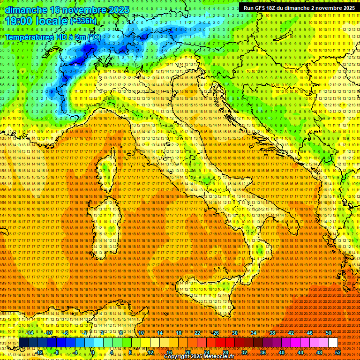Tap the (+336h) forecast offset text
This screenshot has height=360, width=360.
[x=83, y=21]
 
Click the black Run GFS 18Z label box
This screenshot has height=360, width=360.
[x=299, y=7]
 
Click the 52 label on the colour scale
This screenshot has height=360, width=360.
[x=338, y=352]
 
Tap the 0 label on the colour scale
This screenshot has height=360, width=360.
[x=93, y=352]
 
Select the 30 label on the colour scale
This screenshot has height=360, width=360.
[x=235, y=333]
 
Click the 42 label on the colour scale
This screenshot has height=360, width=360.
[x=291, y=333]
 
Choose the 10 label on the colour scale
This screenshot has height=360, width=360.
[x=141, y=333]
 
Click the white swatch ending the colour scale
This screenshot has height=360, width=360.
[x=333, y=343]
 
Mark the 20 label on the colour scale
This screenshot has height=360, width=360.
[x=187, y=352]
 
